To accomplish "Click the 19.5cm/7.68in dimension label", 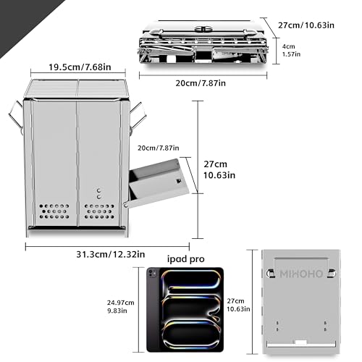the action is coord(80,67).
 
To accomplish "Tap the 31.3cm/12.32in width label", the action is coord(111,254).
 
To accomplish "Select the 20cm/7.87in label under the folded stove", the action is coord(201,83).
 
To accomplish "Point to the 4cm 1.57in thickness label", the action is coord(291,50).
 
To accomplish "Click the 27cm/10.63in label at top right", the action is coord(306,25).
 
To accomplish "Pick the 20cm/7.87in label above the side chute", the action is coord(159,148).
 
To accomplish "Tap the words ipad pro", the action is coord(186,259).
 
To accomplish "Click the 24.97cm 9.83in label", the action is coord(120,306).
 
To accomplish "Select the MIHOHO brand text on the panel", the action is coord(301,274).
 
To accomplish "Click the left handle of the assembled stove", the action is coord(17,116).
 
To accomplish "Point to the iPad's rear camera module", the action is coord(151,273).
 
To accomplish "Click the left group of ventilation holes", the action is coord(54,211).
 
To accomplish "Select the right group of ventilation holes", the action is coord(99,211).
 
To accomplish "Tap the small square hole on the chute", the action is coord(179,181).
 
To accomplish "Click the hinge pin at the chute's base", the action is coord(126,205).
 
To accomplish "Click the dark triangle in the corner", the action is coord(24,22).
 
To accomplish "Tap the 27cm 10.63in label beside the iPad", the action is coord(238,305).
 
